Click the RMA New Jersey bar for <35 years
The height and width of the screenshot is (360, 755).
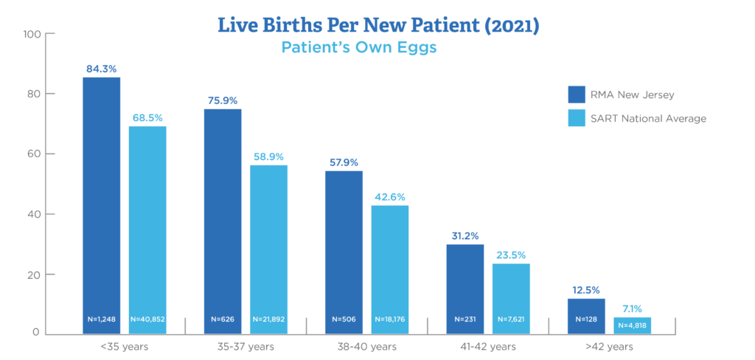(x=101, y=199)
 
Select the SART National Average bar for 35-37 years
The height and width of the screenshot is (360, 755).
(x=268, y=243)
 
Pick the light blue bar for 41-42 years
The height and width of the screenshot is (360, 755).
(x=511, y=291)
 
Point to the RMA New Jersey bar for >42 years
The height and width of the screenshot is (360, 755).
(x=586, y=310)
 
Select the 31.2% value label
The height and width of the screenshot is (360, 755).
(x=465, y=235)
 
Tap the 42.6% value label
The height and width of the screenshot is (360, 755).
(x=389, y=197)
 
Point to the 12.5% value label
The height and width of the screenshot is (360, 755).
(x=586, y=290)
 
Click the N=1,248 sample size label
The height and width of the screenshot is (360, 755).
(x=101, y=319)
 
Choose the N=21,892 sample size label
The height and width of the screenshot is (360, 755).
(x=268, y=319)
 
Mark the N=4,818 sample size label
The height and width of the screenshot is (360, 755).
(x=632, y=325)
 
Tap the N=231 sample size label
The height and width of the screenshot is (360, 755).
(x=465, y=319)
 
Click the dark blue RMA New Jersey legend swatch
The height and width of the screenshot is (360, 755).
(x=576, y=94)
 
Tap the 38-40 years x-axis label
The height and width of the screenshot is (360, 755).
(x=366, y=345)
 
